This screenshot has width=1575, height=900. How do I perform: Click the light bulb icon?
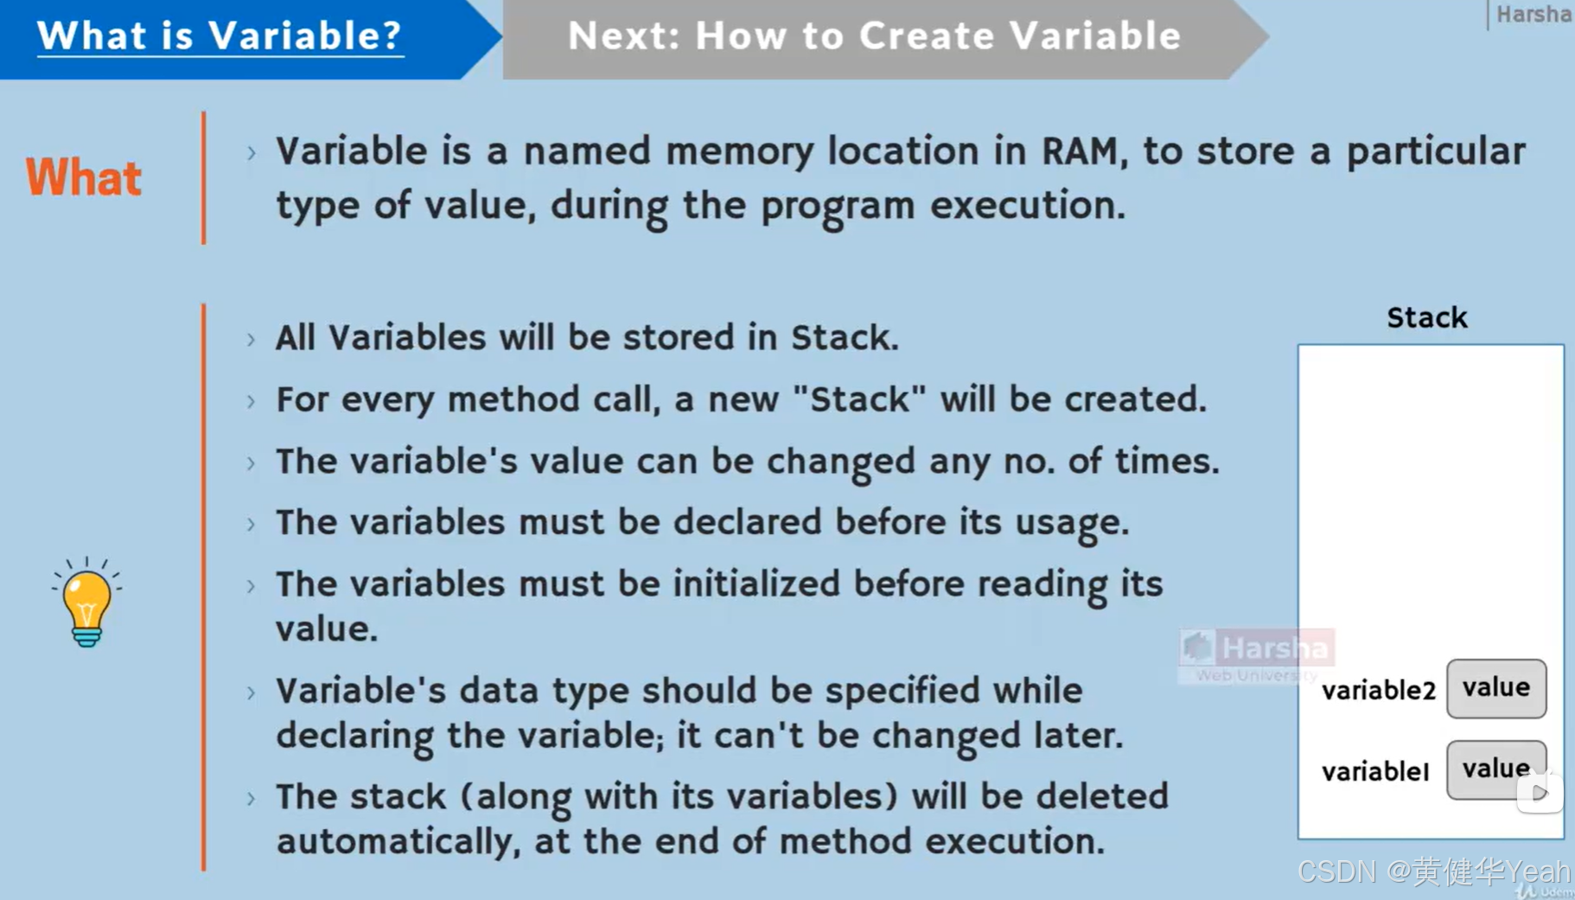pos(86,603)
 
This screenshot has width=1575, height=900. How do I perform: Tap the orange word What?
pos(84,178)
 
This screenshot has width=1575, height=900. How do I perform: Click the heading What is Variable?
pos(220,36)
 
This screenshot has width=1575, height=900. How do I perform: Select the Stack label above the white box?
pos(1427,318)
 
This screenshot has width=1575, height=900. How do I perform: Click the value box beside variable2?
pos(1496,688)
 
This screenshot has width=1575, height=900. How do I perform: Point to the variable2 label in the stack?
pos(1378,690)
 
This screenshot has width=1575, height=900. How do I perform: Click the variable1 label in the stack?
pos(1375,771)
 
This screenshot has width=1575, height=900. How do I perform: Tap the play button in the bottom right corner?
pos(1540,793)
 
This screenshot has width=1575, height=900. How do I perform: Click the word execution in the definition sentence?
pos(1028,206)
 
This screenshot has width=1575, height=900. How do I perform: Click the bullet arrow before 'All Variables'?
pos(252,339)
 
